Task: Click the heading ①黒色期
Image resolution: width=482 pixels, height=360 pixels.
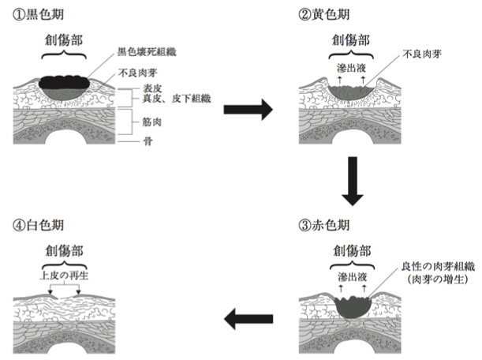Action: pyautogui.click(x=38, y=14)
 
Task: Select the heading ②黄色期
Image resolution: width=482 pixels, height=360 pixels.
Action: pyautogui.click(x=323, y=14)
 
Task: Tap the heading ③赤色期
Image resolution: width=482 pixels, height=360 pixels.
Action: pyautogui.click(x=323, y=225)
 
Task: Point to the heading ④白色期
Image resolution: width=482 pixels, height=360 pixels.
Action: pyautogui.click(x=38, y=225)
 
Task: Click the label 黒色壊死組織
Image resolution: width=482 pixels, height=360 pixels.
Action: pyautogui.click(x=147, y=51)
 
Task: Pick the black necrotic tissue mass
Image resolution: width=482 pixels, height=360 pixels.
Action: pyautogui.click(x=64, y=82)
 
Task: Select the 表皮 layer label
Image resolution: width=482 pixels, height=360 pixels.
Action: pyautogui.click(x=152, y=88)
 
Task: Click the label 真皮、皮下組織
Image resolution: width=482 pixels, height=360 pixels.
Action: pyautogui.click(x=177, y=99)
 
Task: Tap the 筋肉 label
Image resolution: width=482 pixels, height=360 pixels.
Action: pyautogui.click(x=151, y=122)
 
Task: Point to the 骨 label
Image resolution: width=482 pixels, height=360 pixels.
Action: pyautogui.click(x=148, y=141)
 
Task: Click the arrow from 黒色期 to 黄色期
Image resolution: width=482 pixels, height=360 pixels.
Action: pyautogui.click(x=248, y=109)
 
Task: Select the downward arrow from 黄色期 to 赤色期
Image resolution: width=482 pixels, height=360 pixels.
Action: pyautogui.click(x=353, y=182)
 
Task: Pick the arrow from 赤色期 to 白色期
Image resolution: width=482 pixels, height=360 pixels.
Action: pyautogui.click(x=248, y=319)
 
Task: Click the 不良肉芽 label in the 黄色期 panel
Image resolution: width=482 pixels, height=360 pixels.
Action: pyautogui.click(x=422, y=54)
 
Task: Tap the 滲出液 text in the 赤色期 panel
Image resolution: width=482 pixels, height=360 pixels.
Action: pyautogui.click(x=353, y=277)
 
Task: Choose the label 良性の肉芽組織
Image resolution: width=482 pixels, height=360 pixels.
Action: pyautogui.click(x=439, y=267)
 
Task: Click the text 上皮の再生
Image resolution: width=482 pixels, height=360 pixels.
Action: pyautogui.click(x=64, y=276)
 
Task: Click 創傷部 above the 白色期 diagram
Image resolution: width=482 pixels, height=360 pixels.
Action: pyautogui.click(x=64, y=251)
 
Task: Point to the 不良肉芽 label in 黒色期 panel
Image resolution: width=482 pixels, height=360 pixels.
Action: pyautogui.click(x=138, y=73)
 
